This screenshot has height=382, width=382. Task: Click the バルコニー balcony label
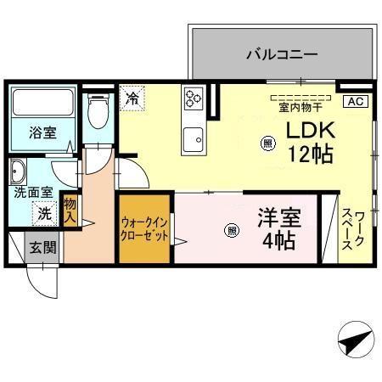click(282, 54)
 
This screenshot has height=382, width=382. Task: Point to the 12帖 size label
click(309, 154)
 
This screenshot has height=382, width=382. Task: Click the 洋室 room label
click(278, 216)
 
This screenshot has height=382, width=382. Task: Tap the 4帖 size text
click(278, 240)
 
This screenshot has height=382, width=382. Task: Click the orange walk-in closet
click(145, 229)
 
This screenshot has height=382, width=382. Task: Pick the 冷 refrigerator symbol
click(132, 98)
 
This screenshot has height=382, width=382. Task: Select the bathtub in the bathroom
click(45, 103)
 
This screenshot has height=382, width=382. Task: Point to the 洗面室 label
click(32, 193)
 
